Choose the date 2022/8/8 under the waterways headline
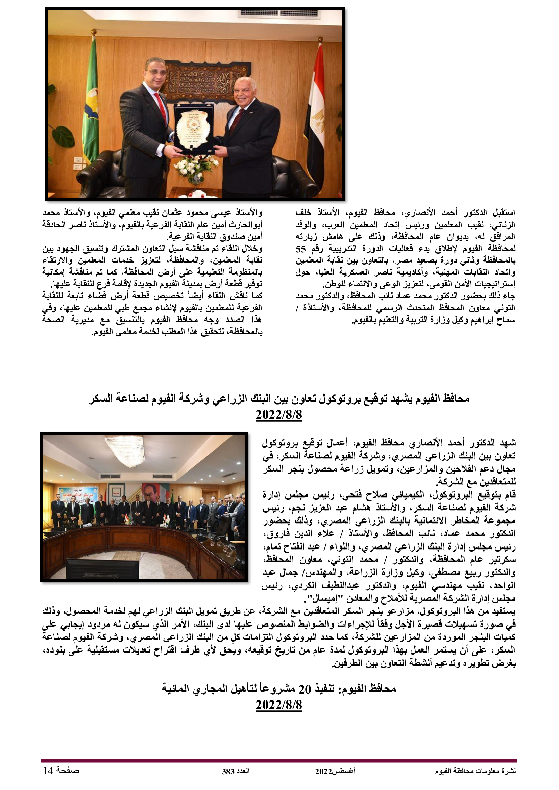279,705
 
